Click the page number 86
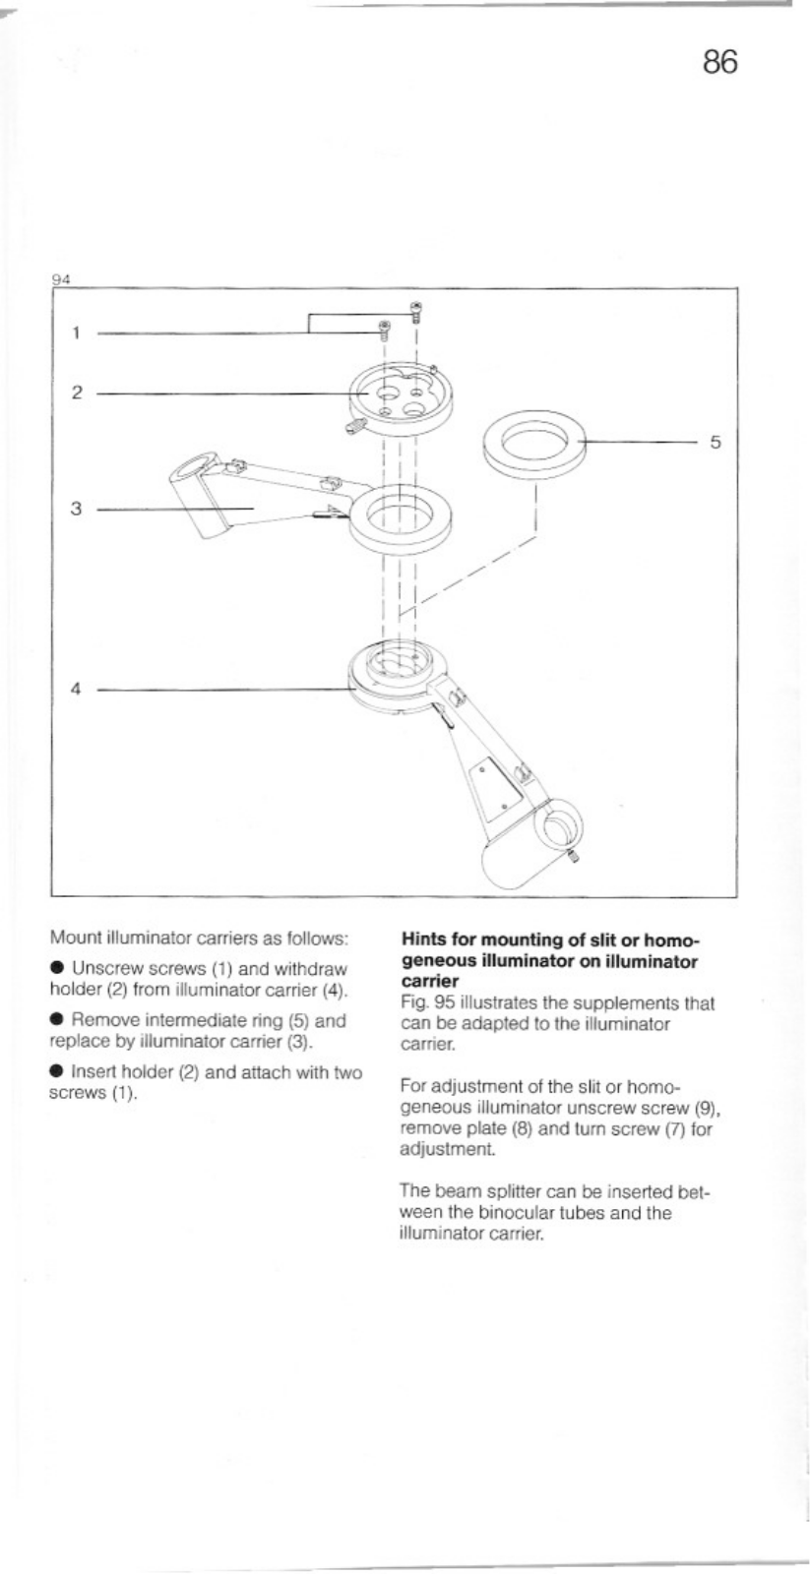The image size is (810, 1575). click(x=719, y=62)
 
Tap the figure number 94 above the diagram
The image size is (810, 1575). click(x=60, y=278)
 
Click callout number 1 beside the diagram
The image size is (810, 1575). click(x=75, y=333)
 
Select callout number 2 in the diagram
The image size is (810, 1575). click(x=75, y=393)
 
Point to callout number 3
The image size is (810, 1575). click(x=75, y=509)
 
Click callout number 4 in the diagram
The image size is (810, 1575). click(x=75, y=689)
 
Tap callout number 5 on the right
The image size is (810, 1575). click(x=716, y=443)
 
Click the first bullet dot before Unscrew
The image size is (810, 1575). click(x=57, y=970)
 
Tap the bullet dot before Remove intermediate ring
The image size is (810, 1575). click(x=57, y=1021)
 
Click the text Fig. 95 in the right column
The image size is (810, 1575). click(x=424, y=1004)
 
